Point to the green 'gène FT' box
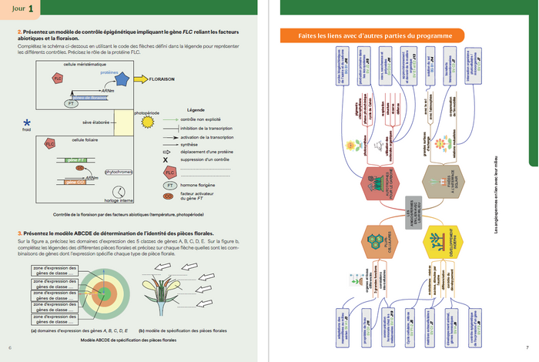pos(77,159)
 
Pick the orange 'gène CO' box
pos(75,182)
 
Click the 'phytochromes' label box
pos(119,173)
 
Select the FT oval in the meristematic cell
pos(71,102)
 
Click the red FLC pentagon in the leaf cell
pos(50,144)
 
